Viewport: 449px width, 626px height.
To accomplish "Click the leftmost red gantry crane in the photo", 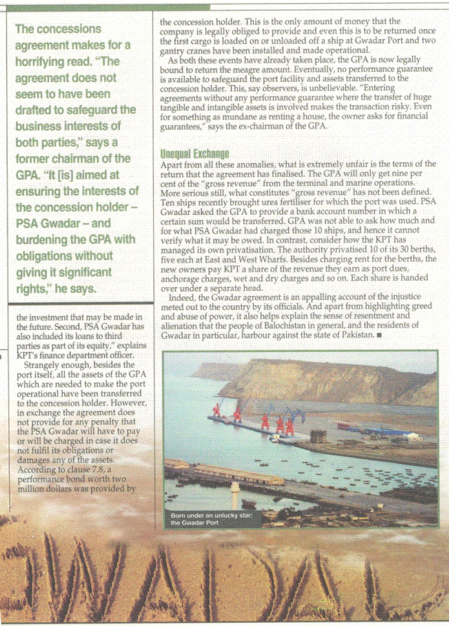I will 217,410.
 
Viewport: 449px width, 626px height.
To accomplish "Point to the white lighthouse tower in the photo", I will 235,494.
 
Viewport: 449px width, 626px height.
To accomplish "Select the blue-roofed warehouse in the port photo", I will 384,431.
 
